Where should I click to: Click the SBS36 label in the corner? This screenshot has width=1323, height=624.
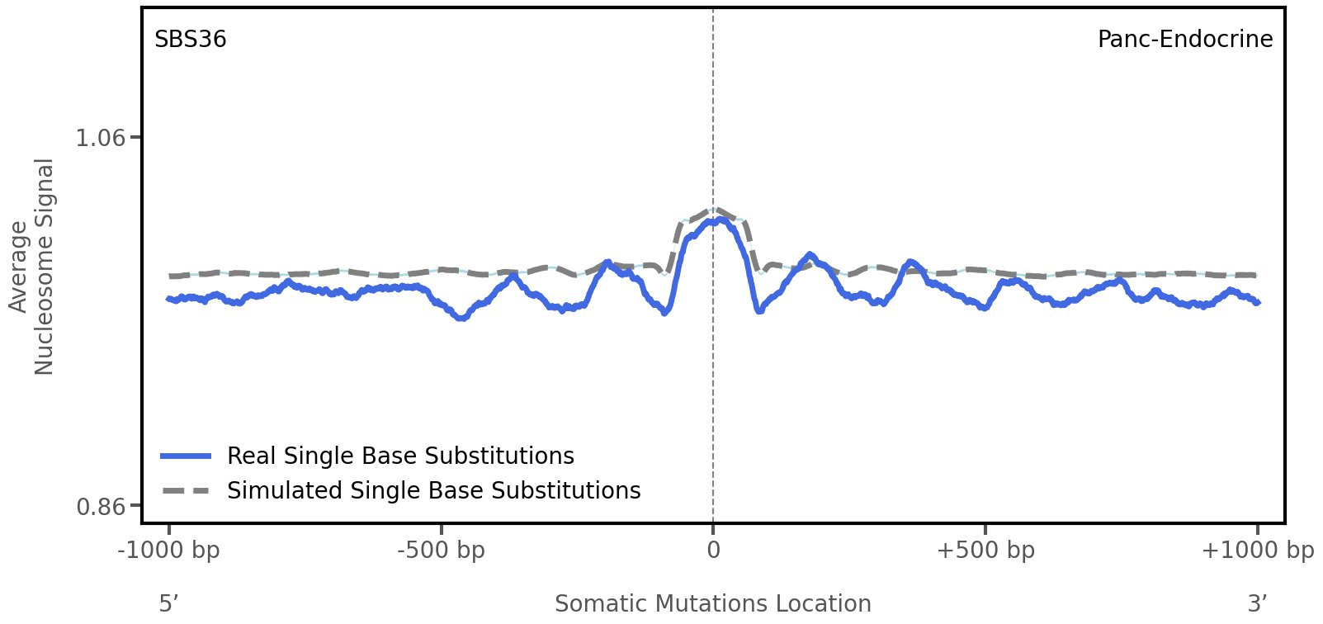pos(190,40)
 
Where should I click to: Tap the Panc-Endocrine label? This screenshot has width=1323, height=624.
pos(1184,40)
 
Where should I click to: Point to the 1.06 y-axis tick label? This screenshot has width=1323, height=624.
pos(101,137)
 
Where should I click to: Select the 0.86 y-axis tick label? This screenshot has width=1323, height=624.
pos(101,505)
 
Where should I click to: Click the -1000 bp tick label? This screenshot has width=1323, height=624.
pos(169,551)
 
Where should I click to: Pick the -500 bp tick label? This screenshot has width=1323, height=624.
pos(441,551)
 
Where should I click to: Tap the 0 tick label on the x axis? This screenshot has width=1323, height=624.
pos(713,551)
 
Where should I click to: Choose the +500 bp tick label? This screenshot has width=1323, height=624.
pos(985,551)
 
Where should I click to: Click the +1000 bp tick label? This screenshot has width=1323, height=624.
pos(1257,551)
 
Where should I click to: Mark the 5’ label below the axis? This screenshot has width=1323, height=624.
pos(168,603)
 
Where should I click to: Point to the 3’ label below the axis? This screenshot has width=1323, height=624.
pos(1257,603)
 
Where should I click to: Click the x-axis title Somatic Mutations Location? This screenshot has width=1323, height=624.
pos(713,603)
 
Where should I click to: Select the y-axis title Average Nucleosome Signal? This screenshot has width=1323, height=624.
pos(32,266)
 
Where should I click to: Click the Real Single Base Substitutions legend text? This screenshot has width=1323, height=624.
pos(400,456)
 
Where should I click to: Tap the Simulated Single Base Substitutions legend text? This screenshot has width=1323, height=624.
pos(433,490)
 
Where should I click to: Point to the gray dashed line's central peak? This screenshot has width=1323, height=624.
pos(714,209)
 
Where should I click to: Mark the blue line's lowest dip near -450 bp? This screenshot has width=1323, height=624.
pos(462,317)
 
